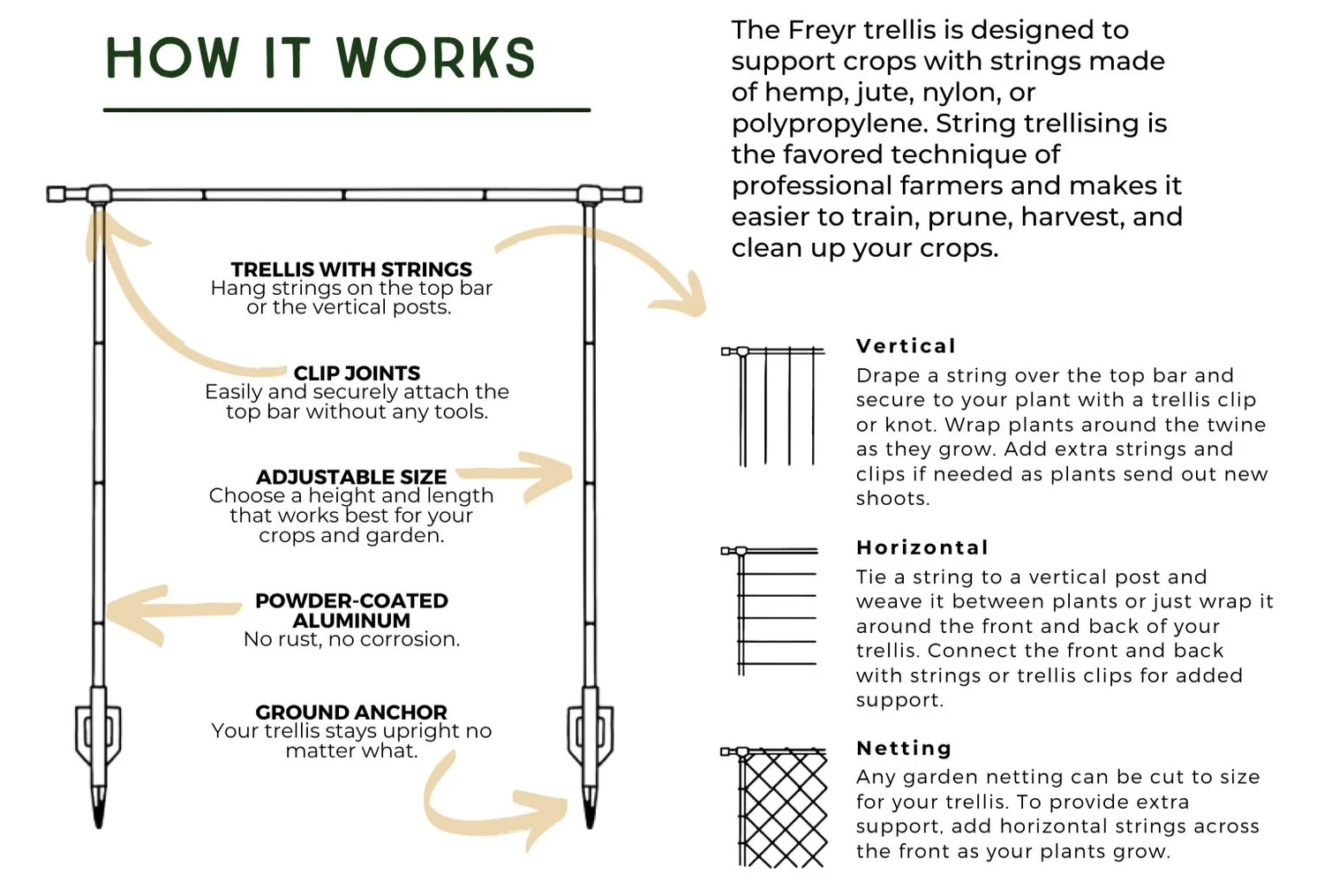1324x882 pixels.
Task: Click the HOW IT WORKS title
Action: click(320, 58)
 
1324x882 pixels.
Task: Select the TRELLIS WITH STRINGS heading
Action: click(351, 269)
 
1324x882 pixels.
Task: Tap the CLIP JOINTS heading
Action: click(357, 373)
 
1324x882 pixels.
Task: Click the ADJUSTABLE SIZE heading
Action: click(351, 477)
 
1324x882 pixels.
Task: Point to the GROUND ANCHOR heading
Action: click(351, 712)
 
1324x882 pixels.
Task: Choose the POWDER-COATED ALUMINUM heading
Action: click(351, 610)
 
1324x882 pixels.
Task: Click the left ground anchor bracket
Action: click(98, 733)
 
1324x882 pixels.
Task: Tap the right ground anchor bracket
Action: click(590, 733)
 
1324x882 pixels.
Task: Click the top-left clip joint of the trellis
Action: click(98, 194)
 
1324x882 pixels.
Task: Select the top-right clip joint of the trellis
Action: click(590, 194)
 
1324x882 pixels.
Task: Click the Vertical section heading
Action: click(906, 346)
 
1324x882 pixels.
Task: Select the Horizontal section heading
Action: click(922, 547)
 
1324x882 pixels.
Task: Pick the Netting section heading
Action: click(904, 749)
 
